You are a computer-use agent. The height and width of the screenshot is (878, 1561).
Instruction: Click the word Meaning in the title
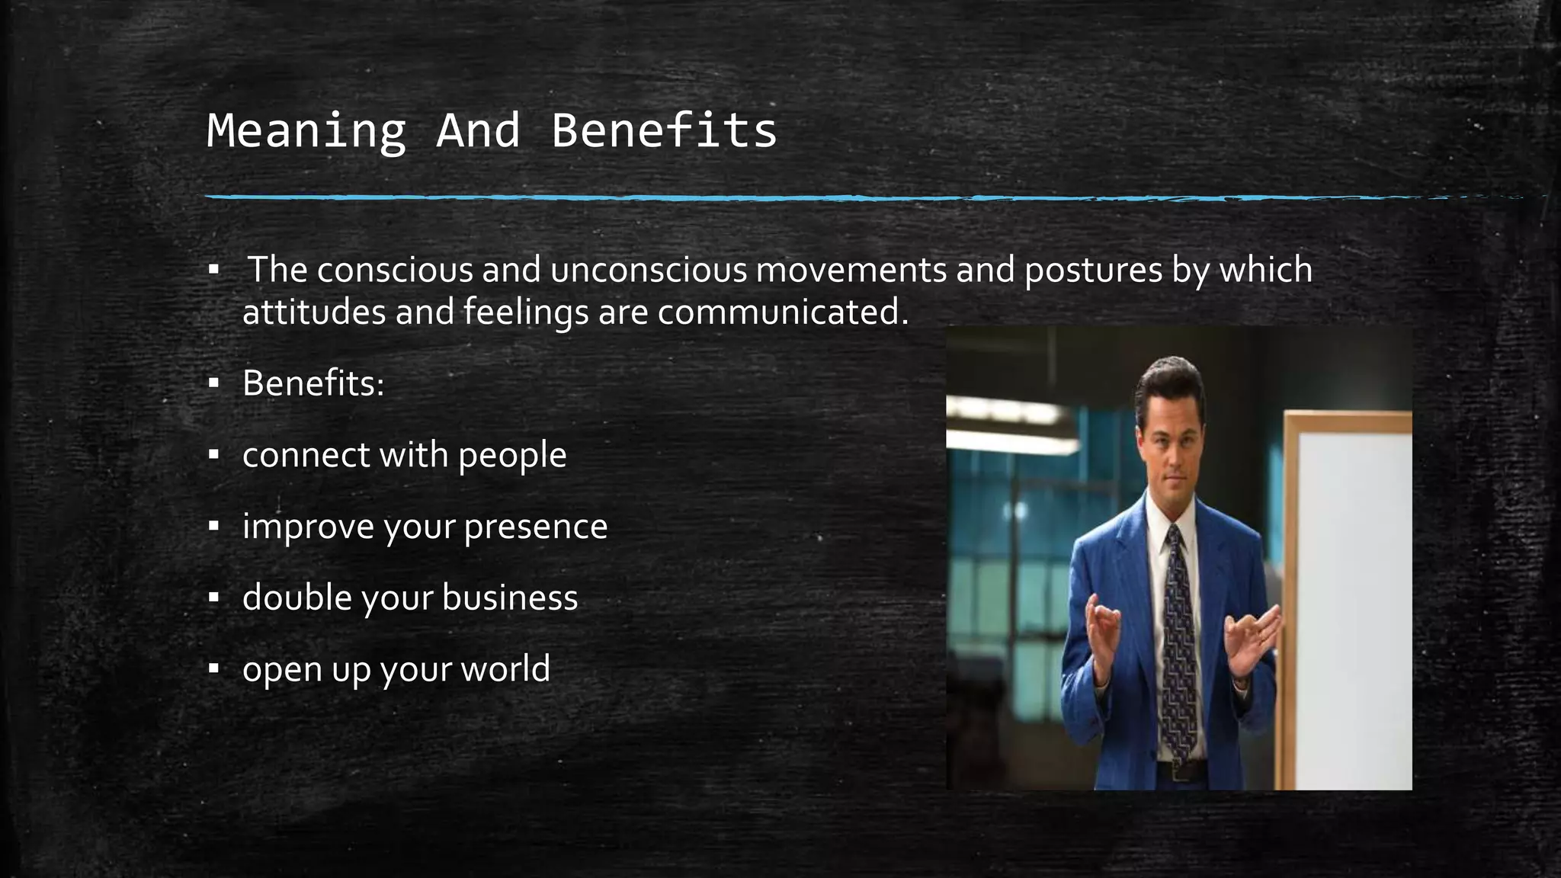pyautogui.click(x=306, y=131)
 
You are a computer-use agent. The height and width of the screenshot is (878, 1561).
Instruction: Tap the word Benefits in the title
pyautogui.click(x=663, y=131)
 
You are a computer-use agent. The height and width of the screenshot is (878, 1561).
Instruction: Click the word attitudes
pyautogui.click(x=314, y=312)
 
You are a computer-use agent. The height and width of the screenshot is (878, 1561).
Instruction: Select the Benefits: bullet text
pyautogui.click(x=313, y=383)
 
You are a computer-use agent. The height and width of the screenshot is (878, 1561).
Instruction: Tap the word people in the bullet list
pyautogui.click(x=512, y=456)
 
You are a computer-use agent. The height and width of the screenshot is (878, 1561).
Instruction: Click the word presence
pyautogui.click(x=535, y=527)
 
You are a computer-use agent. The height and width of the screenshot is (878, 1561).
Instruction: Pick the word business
pyautogui.click(x=510, y=598)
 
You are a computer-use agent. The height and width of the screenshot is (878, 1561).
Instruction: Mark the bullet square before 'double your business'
pyautogui.click(x=214, y=598)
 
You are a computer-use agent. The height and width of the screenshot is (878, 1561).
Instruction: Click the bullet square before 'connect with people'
pyautogui.click(x=214, y=456)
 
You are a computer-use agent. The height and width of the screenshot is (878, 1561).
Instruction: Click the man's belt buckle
pyautogui.click(x=1181, y=771)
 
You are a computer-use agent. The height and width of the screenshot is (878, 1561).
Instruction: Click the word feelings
pyautogui.click(x=526, y=312)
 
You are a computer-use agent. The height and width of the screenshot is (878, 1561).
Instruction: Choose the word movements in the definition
pyautogui.click(x=851, y=270)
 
